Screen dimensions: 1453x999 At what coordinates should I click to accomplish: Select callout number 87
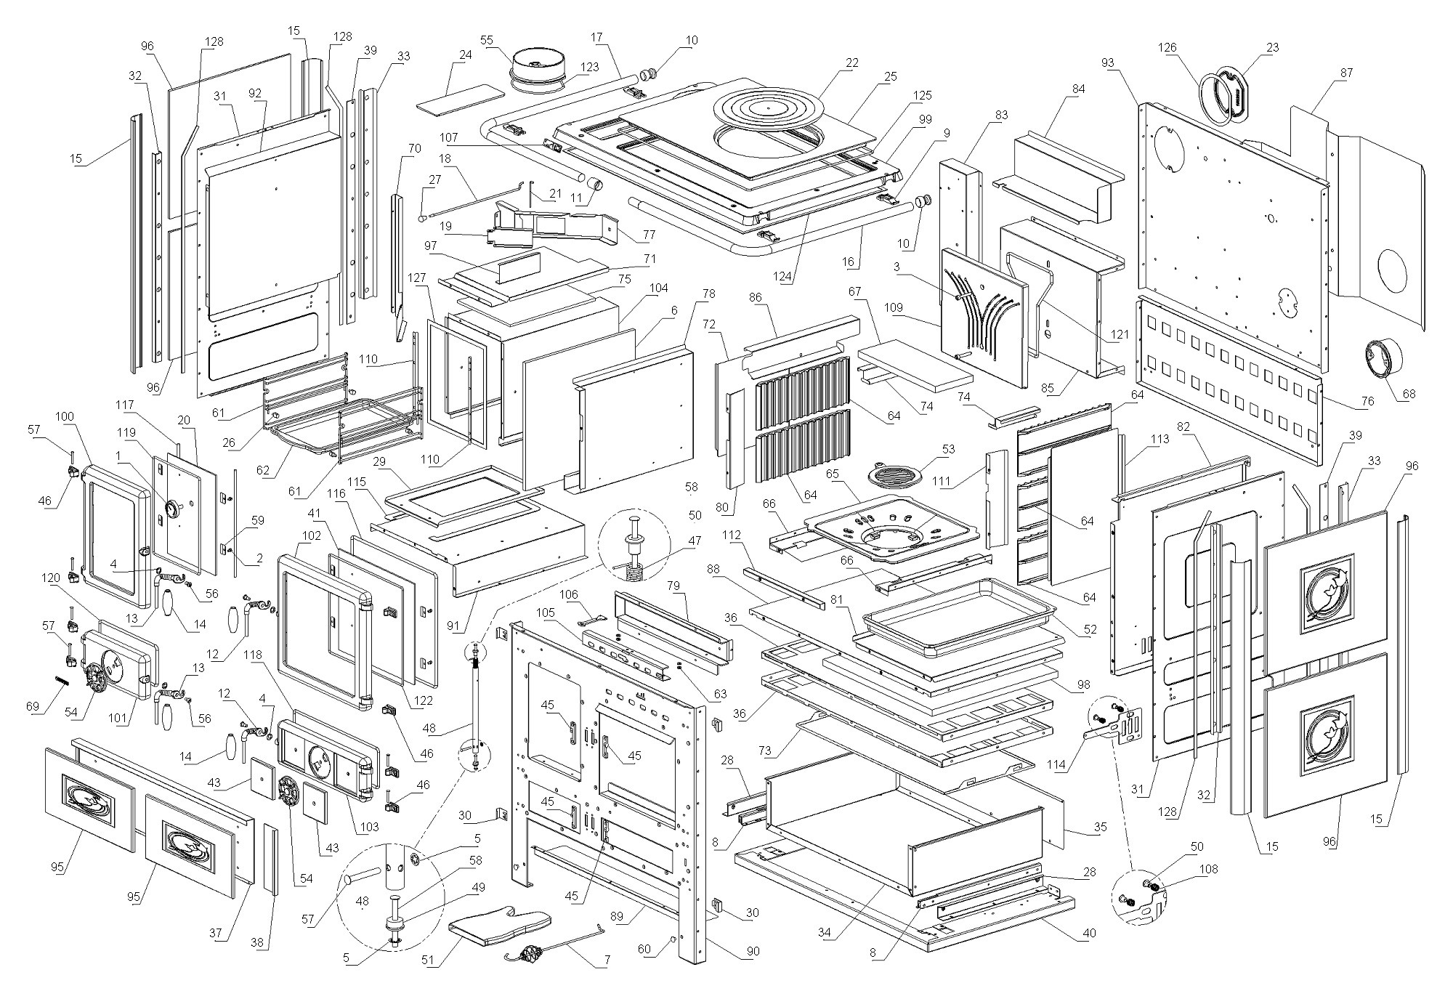click(x=1346, y=72)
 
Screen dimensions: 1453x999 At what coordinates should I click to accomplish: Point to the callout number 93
click(x=1107, y=62)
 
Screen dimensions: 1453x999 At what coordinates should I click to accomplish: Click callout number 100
click(x=65, y=416)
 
